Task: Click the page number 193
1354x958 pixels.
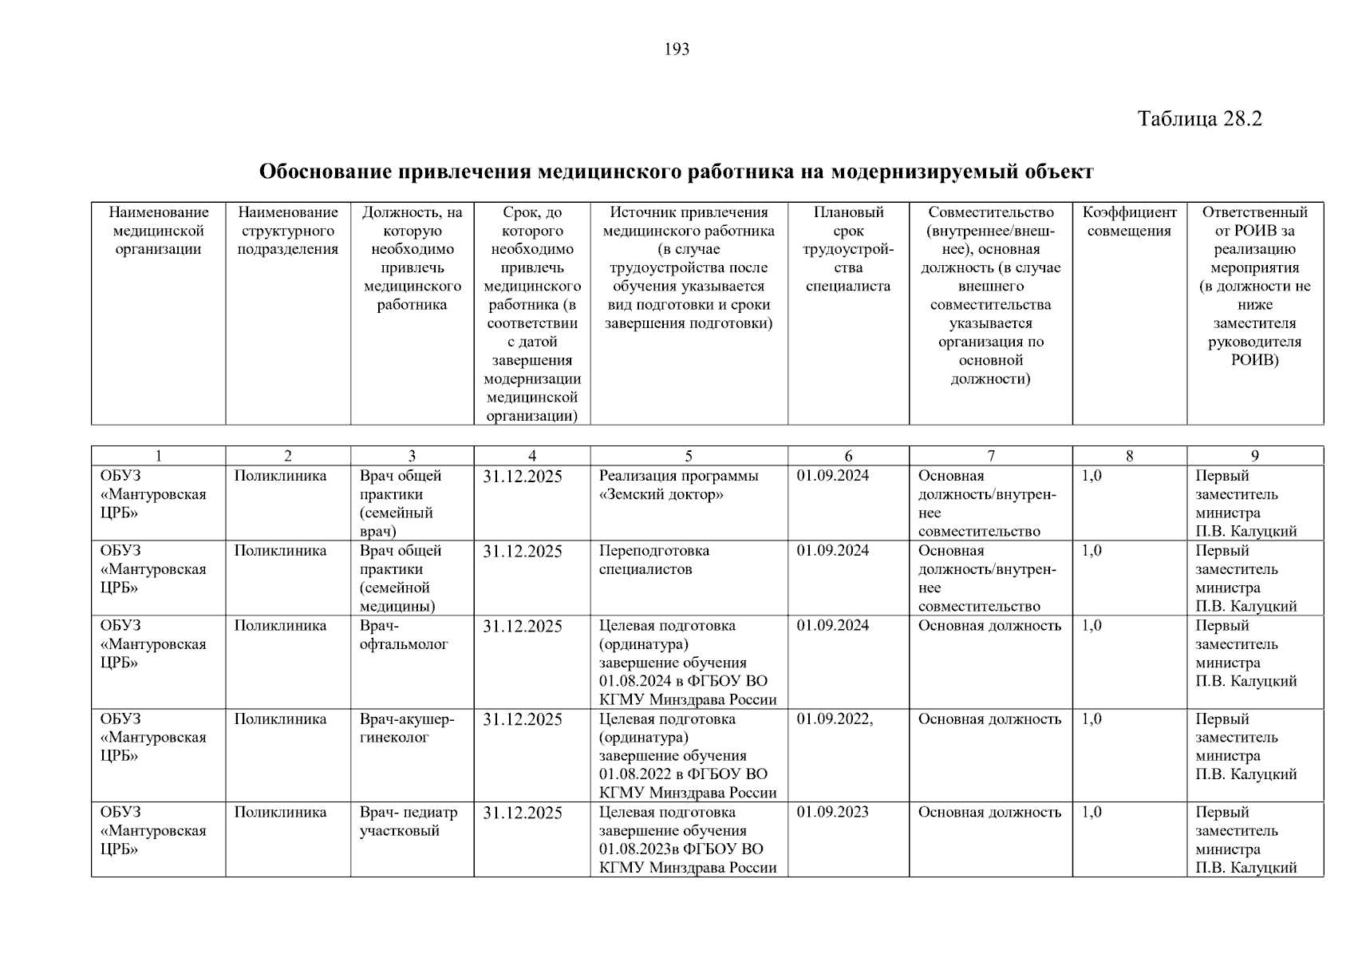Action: (677, 49)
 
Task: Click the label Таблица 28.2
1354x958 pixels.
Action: (1199, 119)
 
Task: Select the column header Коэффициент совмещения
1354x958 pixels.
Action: (1129, 222)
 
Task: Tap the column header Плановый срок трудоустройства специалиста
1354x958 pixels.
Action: (848, 249)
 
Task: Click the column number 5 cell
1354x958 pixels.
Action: (689, 456)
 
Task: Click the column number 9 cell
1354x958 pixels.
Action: (1254, 456)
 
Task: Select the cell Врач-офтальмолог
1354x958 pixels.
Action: (404, 635)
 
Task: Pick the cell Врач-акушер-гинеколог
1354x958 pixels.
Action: (407, 728)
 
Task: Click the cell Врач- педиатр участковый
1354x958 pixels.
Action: (409, 821)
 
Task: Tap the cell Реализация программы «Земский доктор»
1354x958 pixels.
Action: (678, 485)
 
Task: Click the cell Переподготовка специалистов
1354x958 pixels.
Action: (653, 560)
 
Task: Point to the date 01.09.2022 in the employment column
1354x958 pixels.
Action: (834, 719)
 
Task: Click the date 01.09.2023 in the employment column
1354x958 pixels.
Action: (832, 813)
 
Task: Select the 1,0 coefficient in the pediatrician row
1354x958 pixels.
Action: (1091, 813)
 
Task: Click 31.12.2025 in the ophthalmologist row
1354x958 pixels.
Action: (523, 627)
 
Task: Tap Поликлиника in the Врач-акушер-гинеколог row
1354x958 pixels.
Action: (280, 719)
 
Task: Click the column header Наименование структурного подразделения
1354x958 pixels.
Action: (288, 231)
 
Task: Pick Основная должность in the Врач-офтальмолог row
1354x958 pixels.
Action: (989, 626)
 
